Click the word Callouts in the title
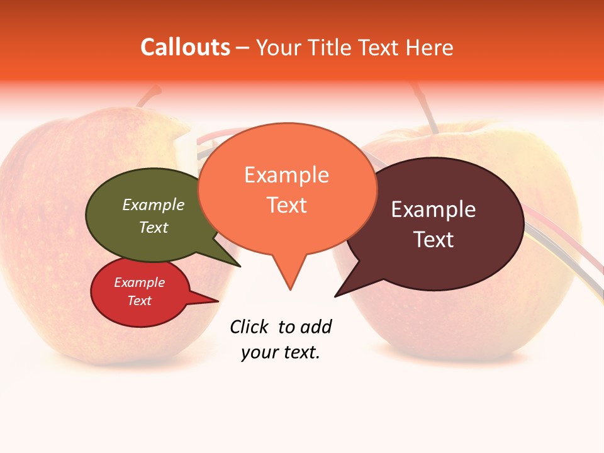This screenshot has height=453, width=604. point(185,48)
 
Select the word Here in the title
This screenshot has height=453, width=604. point(428,48)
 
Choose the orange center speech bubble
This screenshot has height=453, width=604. point(287,189)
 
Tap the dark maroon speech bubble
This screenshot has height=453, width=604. point(440,223)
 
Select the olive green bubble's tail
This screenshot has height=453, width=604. point(233,261)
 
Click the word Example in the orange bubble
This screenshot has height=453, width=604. point(287,175)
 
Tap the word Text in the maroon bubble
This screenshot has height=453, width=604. point(433,240)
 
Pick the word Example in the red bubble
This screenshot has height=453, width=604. point(140,283)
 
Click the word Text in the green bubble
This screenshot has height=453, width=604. point(154,227)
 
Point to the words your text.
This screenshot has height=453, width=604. point(281,352)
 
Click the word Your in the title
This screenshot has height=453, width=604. point(279,48)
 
